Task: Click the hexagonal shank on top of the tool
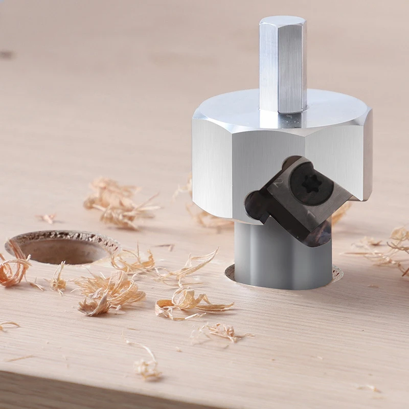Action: pyautogui.click(x=283, y=66)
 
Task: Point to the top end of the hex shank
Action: pyautogui.click(x=283, y=21)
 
